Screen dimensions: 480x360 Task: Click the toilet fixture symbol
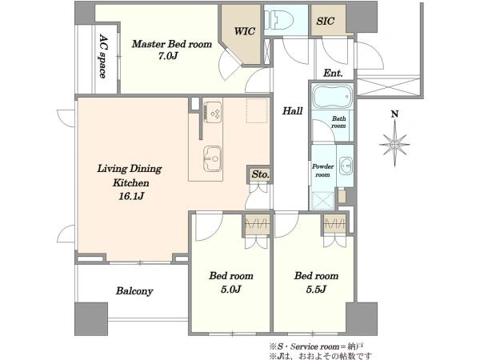278,20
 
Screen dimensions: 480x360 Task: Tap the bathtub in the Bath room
332,97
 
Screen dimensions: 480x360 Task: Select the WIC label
245,31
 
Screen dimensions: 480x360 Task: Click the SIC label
325,21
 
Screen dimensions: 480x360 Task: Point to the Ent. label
333,73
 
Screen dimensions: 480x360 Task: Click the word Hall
292,110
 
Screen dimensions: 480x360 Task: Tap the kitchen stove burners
214,112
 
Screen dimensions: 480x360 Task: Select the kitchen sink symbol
213,158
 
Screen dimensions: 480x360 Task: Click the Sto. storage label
260,174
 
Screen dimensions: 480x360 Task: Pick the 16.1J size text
131,196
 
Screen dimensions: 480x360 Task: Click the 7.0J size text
168,56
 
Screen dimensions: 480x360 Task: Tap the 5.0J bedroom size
231,289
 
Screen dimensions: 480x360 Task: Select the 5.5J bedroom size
316,289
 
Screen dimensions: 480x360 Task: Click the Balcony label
134,291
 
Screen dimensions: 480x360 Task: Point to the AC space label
103,56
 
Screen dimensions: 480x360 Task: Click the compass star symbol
395,144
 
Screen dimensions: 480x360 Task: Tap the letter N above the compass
395,114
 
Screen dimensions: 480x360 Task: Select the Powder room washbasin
347,165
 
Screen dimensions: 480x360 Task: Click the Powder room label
322,170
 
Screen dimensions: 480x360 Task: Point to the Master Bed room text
172,44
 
